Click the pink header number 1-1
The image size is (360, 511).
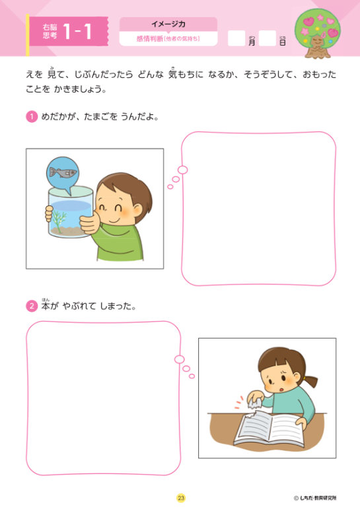point(79,32)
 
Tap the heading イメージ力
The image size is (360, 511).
point(168,24)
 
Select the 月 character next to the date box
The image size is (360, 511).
point(252,42)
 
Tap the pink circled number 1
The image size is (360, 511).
point(31,117)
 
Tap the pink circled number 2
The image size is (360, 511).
point(31,306)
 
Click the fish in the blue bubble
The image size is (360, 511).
point(62,174)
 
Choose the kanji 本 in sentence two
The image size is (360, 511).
point(46,307)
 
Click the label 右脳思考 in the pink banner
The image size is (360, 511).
point(49,32)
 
